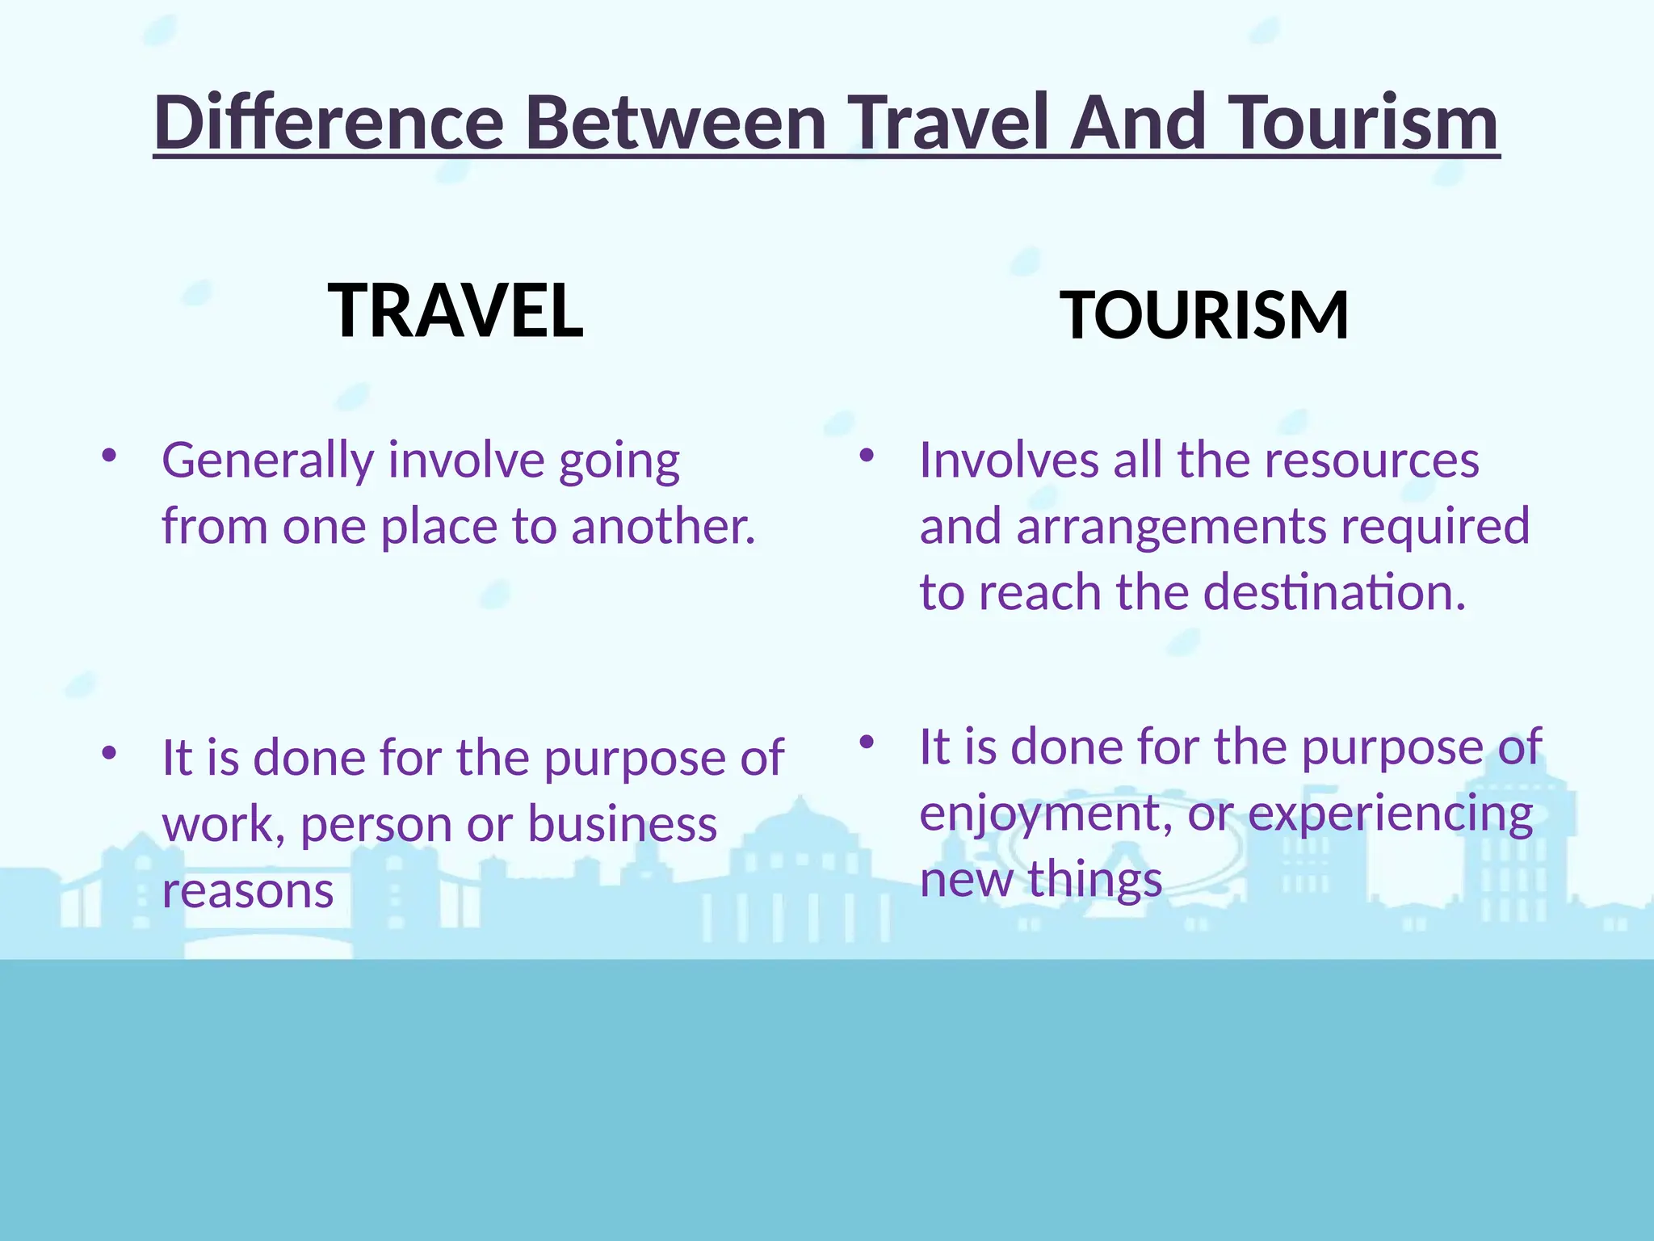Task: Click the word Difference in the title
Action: click(329, 123)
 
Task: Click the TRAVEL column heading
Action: click(455, 311)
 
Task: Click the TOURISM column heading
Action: click(1203, 315)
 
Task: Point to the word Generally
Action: click(267, 462)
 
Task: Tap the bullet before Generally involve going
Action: click(109, 456)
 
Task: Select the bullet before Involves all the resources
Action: click(867, 456)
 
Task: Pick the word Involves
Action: click(1009, 461)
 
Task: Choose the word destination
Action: click(1334, 593)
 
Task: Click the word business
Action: click(622, 825)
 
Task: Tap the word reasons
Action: click(248, 892)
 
